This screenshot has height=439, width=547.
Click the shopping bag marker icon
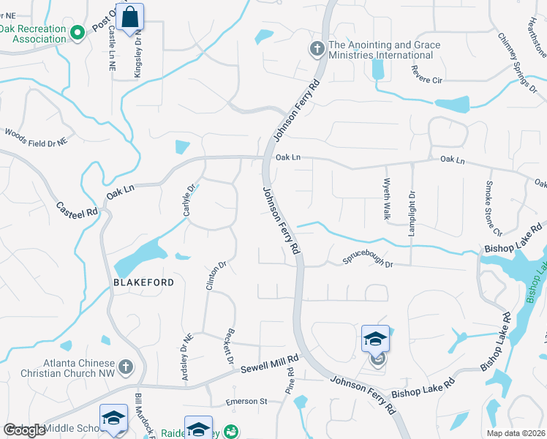[129, 17]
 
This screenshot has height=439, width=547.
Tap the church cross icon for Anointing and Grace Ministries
[317, 49]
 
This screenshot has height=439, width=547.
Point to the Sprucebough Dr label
[369, 261]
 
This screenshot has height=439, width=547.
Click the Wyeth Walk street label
[386, 200]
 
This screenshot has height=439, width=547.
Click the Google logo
[24, 430]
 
